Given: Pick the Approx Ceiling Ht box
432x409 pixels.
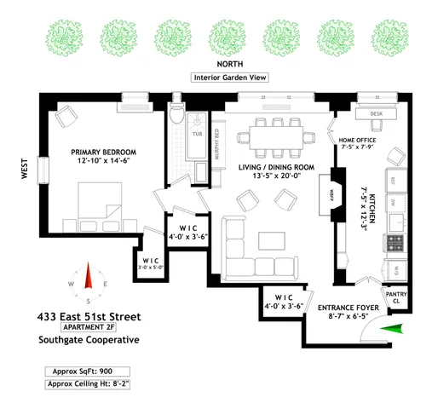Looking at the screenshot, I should [89, 384].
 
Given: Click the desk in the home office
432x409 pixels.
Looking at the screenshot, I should [375, 113].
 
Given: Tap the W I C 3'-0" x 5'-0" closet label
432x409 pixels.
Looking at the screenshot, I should [152, 264].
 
